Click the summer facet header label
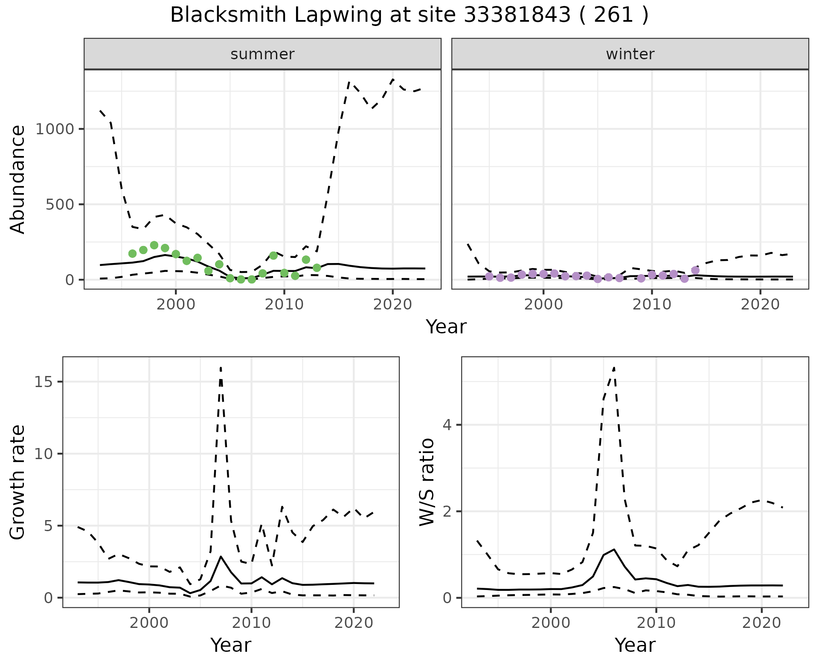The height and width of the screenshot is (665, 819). click(262, 54)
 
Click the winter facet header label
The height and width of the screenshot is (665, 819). click(630, 54)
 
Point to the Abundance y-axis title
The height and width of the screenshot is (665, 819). click(18, 179)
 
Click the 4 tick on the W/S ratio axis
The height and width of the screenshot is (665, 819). click(447, 425)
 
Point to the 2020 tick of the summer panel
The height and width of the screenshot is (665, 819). click(392, 305)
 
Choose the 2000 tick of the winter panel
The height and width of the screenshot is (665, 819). click(543, 305)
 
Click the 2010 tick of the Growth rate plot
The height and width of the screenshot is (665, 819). click(251, 623)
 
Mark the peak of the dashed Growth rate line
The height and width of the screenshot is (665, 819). click(221, 367)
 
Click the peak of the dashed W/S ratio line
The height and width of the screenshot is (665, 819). click(614, 367)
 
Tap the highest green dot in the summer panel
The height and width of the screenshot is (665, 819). click(154, 245)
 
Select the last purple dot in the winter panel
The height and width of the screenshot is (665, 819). click(695, 270)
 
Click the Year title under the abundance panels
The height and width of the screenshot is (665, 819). click(446, 327)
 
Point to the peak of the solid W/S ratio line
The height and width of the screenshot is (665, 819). click(614, 549)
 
